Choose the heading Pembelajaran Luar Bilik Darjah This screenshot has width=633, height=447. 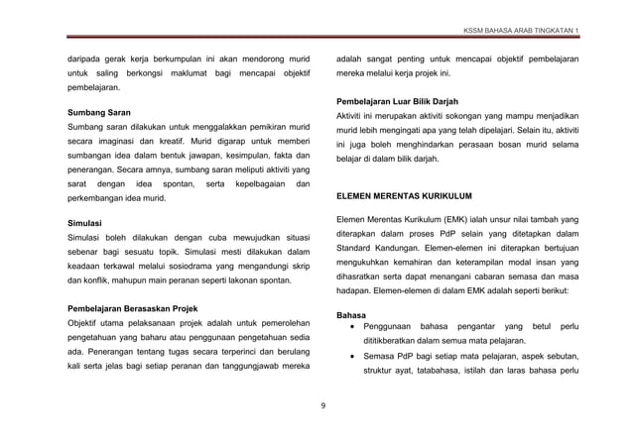(x=407, y=100)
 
